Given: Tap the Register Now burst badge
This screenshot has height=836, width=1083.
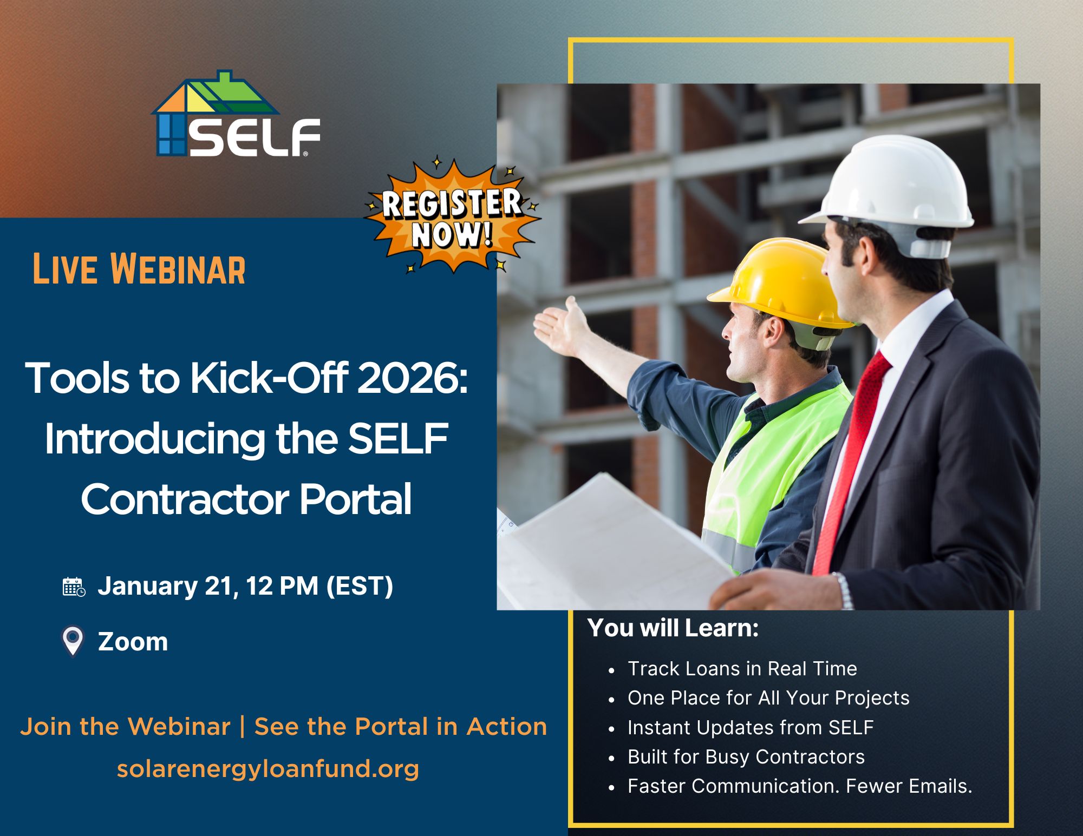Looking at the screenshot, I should coord(452,218).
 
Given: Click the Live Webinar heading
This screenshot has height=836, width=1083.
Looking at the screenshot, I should coord(139,269).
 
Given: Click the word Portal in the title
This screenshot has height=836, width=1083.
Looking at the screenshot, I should coord(355,499).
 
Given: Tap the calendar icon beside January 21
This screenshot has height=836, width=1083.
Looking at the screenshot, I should coord(74,587).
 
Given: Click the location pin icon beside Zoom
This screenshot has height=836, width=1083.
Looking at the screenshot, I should coord(73,641).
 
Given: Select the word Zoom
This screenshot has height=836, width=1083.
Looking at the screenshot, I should coord(133,642).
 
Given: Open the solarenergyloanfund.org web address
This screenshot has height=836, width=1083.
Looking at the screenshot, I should coord(268,769).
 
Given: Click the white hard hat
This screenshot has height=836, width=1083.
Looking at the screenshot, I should coord(893,184).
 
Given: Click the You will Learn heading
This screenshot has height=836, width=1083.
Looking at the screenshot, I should coord(673,628).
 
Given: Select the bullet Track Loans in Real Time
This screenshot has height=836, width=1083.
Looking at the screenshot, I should coord(742,669).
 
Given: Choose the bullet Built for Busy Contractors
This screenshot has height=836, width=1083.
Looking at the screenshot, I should coord(746,757).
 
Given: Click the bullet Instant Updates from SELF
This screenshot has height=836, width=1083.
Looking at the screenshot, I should coord(750,728).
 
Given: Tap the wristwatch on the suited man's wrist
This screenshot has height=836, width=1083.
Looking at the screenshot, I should coord(843,590).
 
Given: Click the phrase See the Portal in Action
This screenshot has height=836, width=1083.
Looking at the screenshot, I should coord(401,727).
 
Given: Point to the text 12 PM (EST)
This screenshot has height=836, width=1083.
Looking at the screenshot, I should coord(319,587).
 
